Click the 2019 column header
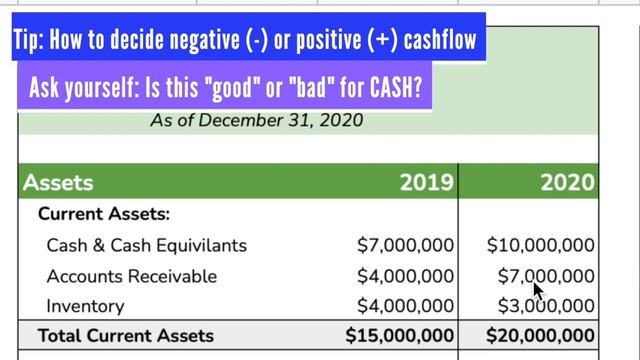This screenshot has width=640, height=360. [427, 182]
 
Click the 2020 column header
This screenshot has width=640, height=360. [567, 182]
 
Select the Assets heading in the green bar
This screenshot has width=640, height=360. [58, 182]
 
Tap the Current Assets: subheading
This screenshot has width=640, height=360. [104, 214]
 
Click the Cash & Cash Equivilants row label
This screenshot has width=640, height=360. [146, 245]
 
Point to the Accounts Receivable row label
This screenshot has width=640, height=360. [131, 276]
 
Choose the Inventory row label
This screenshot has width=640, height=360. [85, 306]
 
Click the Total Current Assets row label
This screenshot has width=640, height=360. [126, 336]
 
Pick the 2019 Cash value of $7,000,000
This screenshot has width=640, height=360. [405, 245]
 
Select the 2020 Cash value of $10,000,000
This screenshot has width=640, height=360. [541, 245]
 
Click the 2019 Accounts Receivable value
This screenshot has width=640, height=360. [405, 276]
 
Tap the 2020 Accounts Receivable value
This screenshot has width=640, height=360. [546, 276]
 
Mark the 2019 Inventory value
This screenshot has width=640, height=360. [405, 306]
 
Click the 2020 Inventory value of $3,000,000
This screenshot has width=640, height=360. [546, 306]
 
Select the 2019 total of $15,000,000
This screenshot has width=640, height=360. [400, 336]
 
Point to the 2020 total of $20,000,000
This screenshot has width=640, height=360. [541, 336]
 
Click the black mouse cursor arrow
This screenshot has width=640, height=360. [538, 291]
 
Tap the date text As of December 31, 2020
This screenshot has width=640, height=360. [256, 121]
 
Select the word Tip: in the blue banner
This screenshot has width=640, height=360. [35, 41]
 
